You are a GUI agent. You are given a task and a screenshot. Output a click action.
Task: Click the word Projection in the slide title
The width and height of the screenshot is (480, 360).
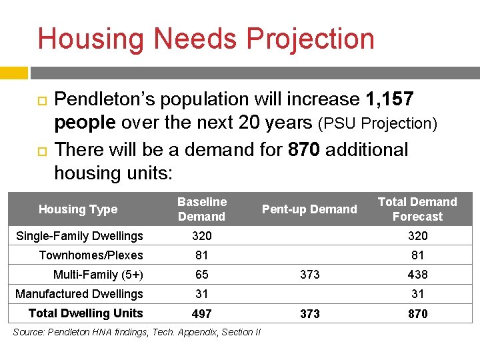tap(311, 39)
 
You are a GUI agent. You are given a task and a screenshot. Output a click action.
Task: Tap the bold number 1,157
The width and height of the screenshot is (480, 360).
tap(390, 99)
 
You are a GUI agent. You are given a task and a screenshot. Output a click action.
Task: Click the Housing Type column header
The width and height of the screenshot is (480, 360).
tap(78, 209)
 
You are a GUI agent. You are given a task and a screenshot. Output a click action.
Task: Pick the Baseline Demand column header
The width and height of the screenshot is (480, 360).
tap(202, 209)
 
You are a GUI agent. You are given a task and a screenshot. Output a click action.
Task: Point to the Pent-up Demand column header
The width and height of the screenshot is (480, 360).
tap(309, 209)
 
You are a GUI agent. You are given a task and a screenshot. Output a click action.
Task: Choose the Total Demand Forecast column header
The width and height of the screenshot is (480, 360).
tap(417, 209)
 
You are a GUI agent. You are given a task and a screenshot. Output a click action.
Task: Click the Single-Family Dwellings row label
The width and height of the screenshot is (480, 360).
tap(79, 236)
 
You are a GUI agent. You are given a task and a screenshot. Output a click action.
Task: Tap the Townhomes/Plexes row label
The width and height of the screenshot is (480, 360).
tap(91, 255)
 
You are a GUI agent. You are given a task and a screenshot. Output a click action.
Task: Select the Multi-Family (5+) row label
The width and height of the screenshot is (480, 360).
tap(98, 275)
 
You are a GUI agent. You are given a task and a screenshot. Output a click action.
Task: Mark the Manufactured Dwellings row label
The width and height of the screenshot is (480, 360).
tap(79, 294)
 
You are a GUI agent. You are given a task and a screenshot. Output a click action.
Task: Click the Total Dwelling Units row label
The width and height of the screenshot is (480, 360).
tap(86, 313)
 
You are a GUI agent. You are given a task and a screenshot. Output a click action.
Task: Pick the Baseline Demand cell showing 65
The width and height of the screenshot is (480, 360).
tap(201, 275)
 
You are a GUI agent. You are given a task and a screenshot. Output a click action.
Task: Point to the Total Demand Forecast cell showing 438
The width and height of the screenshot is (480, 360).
tap(418, 275)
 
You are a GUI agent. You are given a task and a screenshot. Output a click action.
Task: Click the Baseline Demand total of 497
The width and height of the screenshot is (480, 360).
tap(201, 314)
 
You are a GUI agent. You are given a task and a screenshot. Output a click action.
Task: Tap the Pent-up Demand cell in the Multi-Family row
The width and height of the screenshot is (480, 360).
tap(310, 275)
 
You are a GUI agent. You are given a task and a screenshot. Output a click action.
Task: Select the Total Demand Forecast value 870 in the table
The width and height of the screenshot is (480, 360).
tap(418, 314)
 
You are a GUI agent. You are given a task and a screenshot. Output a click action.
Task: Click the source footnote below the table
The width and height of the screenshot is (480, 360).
tap(137, 332)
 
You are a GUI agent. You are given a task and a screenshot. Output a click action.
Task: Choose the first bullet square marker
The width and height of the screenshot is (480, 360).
tap(40, 100)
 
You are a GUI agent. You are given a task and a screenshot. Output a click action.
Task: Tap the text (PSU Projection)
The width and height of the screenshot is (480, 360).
tap(377, 124)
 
